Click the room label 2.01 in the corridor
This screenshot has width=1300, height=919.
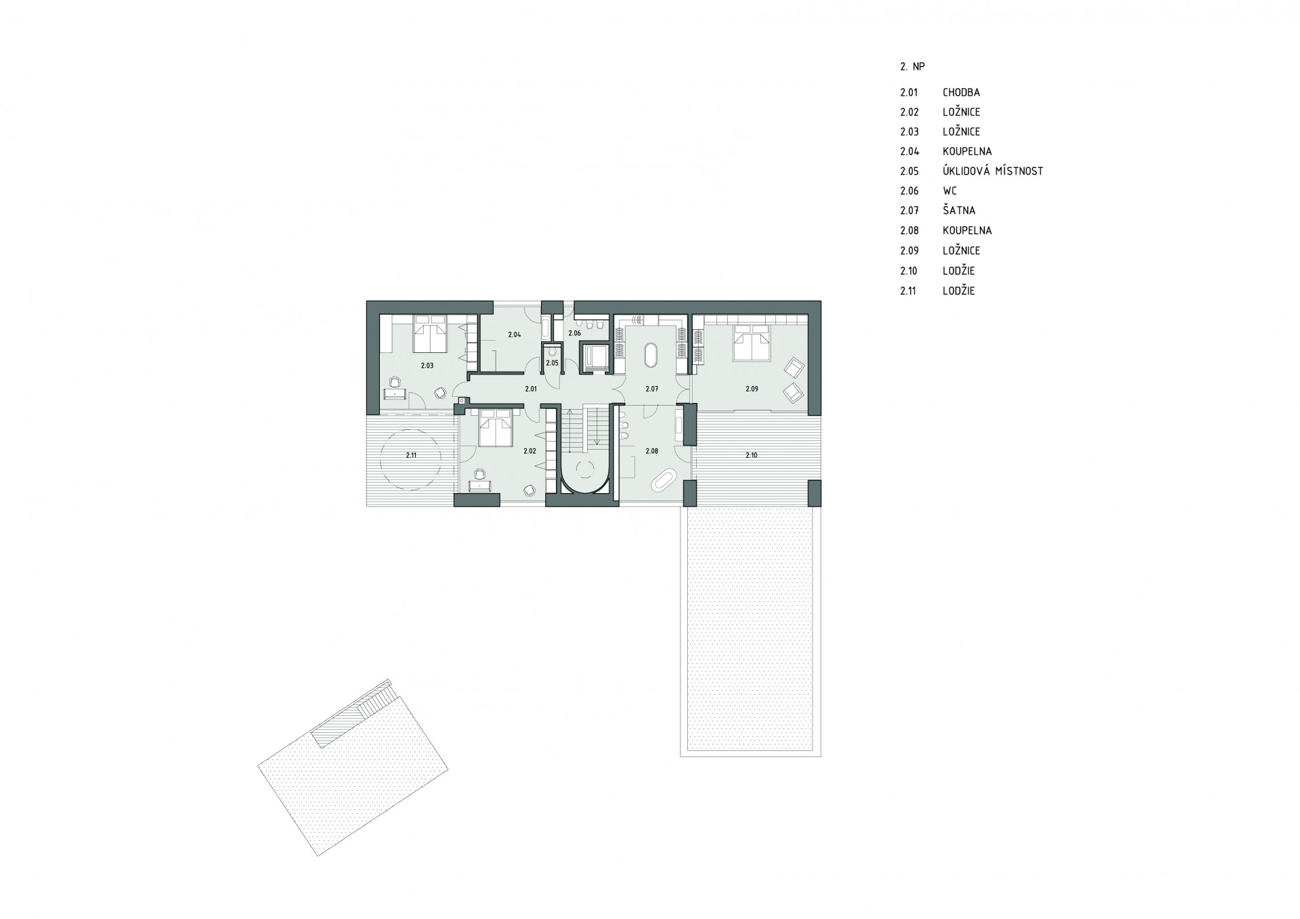(x=531, y=389)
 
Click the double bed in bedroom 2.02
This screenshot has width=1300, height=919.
(x=496, y=427)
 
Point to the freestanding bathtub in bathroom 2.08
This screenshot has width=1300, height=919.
(x=663, y=479)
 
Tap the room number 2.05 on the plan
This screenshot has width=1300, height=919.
(x=552, y=363)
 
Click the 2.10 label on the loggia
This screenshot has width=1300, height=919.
(x=751, y=455)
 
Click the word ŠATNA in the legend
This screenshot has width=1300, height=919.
(x=959, y=211)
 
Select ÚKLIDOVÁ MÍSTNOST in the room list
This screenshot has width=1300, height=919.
(x=993, y=171)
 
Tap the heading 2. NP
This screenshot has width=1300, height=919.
(x=912, y=67)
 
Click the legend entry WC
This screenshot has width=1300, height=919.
(x=949, y=191)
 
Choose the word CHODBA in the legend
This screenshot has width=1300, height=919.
(x=961, y=92)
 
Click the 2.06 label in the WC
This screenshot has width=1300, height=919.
(x=574, y=333)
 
